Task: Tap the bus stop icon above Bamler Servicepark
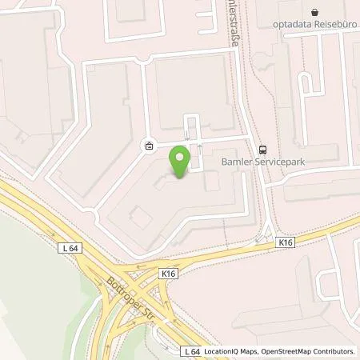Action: point(262,149)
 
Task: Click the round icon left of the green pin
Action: point(149,146)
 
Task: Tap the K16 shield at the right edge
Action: point(286,241)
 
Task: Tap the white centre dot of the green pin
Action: point(181,155)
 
